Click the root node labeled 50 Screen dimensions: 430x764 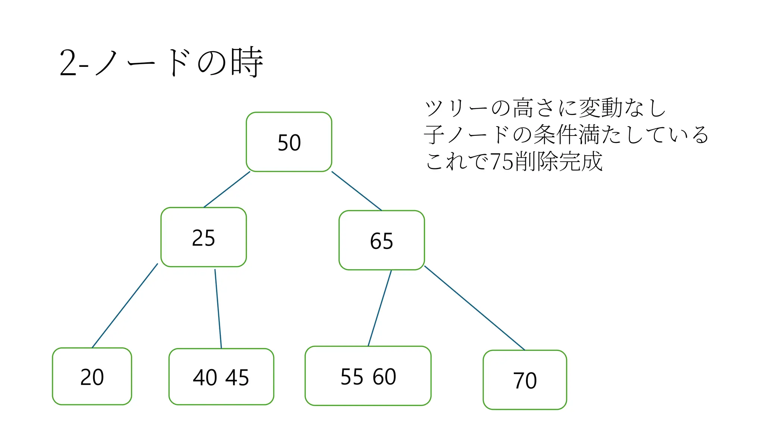click(289, 142)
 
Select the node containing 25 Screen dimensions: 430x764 click(204, 237)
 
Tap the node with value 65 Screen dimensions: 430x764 click(382, 240)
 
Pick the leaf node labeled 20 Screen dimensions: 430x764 click(92, 377)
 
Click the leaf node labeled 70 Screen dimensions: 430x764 click(525, 380)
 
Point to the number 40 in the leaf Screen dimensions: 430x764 click(205, 377)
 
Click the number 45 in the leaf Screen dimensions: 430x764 click(237, 377)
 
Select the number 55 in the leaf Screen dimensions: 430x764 click(352, 377)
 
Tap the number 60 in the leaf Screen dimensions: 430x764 click(384, 377)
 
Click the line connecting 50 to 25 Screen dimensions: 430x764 click(227, 190)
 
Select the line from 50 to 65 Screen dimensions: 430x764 click(357, 191)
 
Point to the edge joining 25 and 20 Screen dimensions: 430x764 click(125, 306)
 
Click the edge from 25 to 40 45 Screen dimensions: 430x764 click(218, 309)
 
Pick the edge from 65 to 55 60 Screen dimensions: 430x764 click(380, 308)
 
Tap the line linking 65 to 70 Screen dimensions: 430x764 click(475, 308)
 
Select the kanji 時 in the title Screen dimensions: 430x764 click(247, 62)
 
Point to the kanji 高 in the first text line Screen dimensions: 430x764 click(523, 108)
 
